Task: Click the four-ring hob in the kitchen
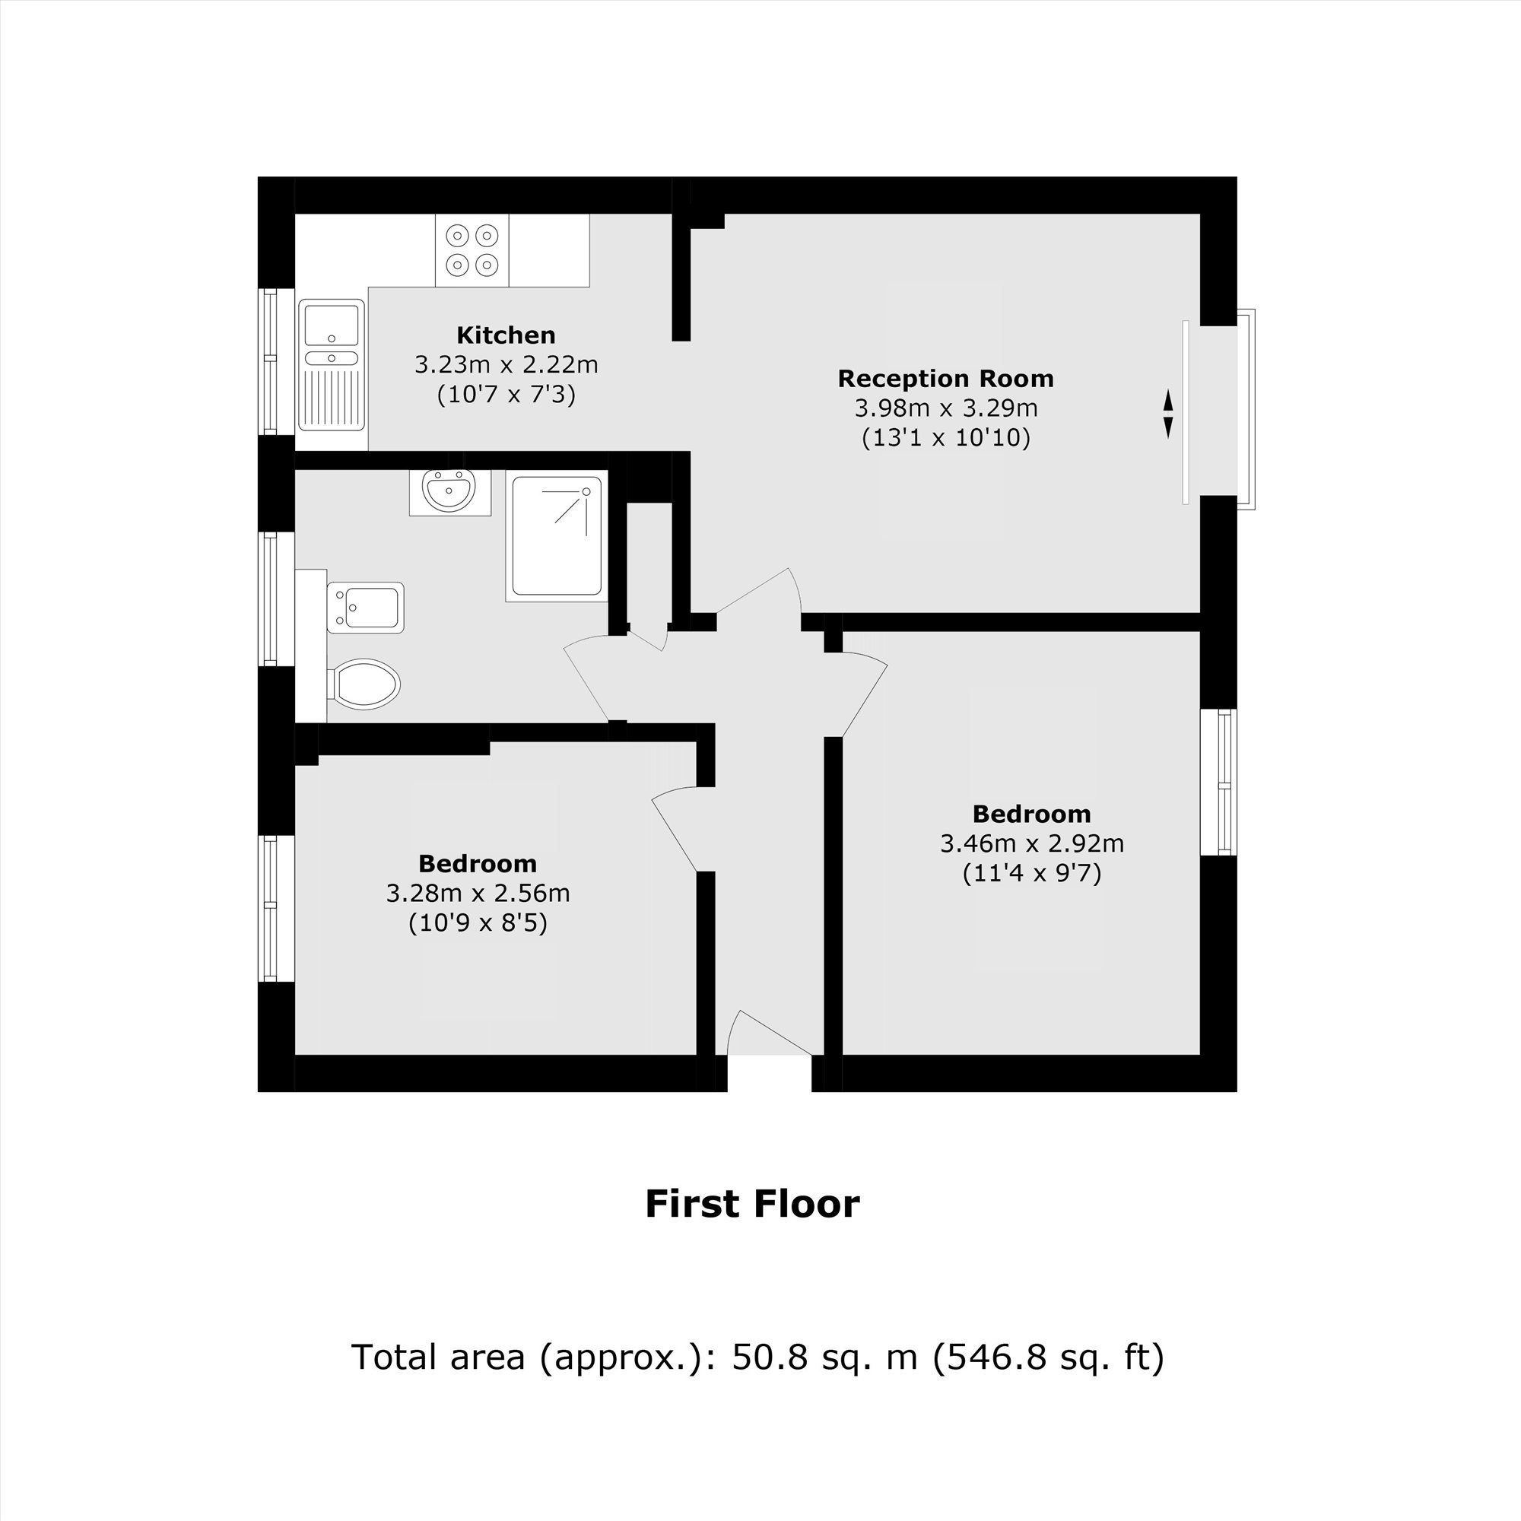tap(472, 250)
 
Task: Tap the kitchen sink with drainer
tap(332, 364)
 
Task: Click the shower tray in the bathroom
tap(557, 536)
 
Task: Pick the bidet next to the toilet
tap(365, 608)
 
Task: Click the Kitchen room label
tap(506, 335)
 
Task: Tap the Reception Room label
tap(945, 379)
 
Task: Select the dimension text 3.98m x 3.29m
tap(946, 408)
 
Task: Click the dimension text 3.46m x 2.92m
tap(1031, 844)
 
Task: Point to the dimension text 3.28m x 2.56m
tap(478, 894)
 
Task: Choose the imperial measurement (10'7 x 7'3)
tap(506, 394)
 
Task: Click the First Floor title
tap(753, 1204)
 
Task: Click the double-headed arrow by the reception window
tap(1168, 414)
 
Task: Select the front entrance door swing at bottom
tap(770, 1032)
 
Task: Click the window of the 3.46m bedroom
tap(1218, 782)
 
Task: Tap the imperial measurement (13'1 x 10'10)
tap(946, 438)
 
